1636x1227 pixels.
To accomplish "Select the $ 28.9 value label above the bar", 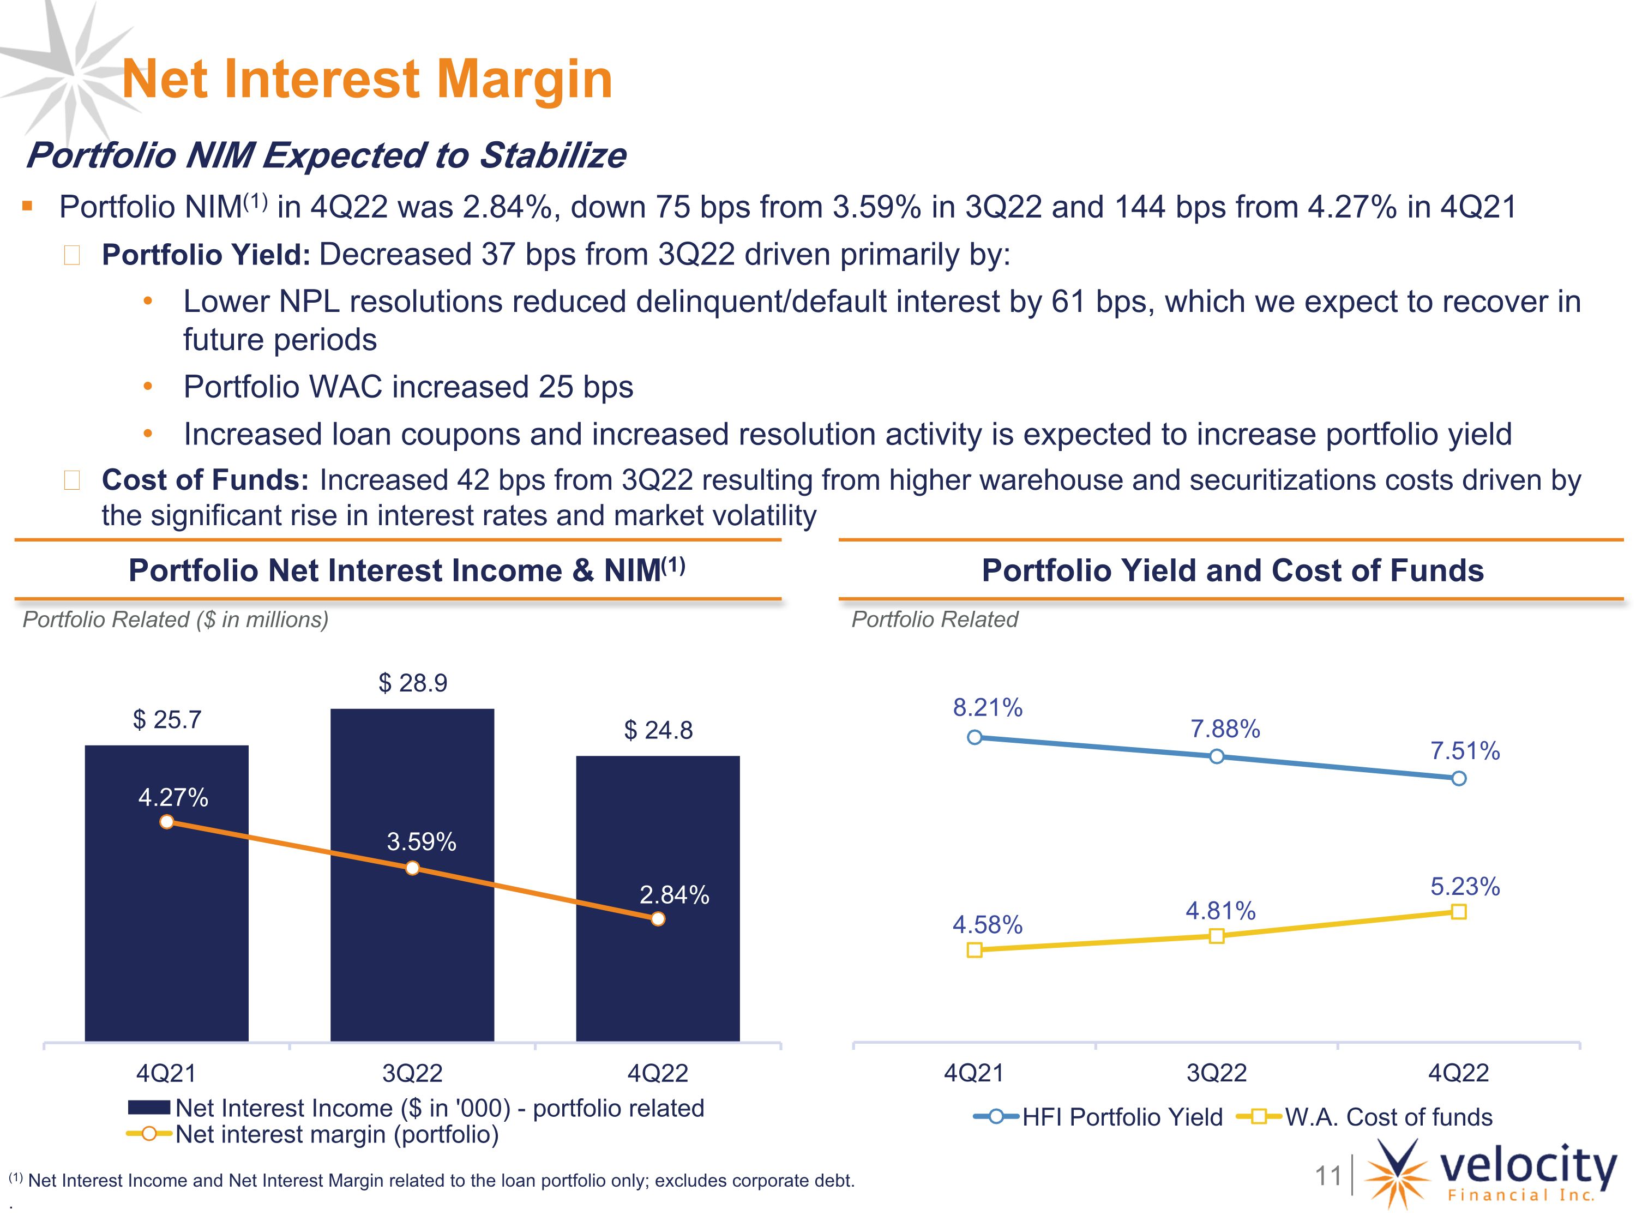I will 413,683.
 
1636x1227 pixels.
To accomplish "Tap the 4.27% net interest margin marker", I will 167,822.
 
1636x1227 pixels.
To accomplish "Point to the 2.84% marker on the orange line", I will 658,918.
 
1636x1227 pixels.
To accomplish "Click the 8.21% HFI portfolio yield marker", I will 975,737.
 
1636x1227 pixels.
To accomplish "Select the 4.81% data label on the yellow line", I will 1220,911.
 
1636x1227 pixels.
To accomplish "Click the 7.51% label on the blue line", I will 1464,751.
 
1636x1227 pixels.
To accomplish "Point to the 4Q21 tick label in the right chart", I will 974,1073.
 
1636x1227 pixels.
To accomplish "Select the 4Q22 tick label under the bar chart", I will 658,1073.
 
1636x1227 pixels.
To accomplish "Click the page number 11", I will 1327,1175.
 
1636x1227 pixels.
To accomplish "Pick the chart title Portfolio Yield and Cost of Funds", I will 1232,570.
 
